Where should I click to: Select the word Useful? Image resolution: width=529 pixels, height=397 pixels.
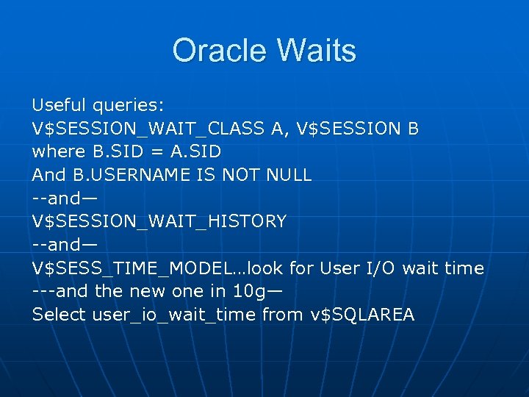pos(60,106)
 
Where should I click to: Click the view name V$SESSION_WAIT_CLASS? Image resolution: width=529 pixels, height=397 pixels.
pos(148,129)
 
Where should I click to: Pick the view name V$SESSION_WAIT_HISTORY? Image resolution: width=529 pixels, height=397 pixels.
pos(159,221)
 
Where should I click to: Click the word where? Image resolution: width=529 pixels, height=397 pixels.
pos(54,152)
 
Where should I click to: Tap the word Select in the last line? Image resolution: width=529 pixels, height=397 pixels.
pos(59,315)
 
